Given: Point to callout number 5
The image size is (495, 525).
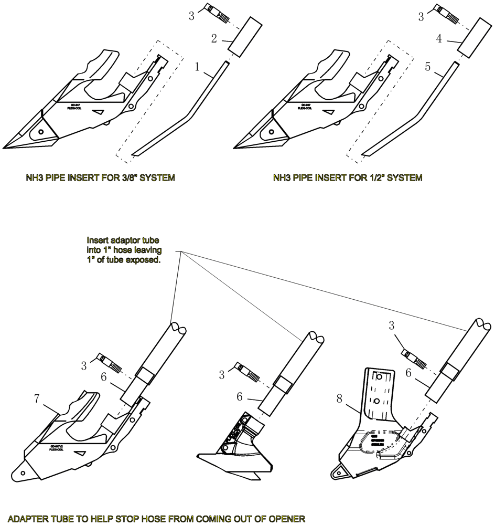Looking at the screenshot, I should tap(428, 67).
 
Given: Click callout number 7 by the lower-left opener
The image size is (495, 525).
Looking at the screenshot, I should tap(37, 399).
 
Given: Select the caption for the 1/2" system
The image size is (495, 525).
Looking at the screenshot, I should tap(348, 178).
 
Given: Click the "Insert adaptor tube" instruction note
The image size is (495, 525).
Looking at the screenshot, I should tap(124, 249).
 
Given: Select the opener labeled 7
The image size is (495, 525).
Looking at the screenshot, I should tap(79, 441).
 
